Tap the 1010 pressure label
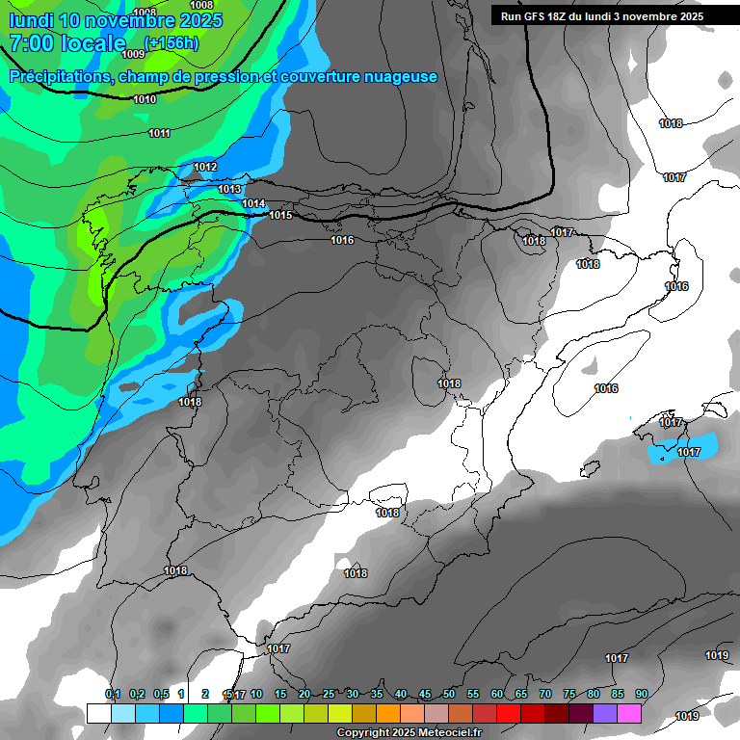[x=145, y=99]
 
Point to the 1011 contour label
[x=160, y=133]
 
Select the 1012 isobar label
[x=205, y=167]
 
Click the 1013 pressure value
[x=229, y=189]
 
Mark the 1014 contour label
[x=254, y=203]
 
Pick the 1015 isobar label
[x=280, y=215]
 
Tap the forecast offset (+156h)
[x=172, y=42]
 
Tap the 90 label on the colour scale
[x=641, y=694]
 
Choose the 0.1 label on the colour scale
[x=113, y=694]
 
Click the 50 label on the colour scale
[x=449, y=694]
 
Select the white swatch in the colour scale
[x=98, y=713]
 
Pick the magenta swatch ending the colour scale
[x=629, y=713]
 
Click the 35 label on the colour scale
[x=377, y=694]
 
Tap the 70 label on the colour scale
[x=545, y=694]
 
